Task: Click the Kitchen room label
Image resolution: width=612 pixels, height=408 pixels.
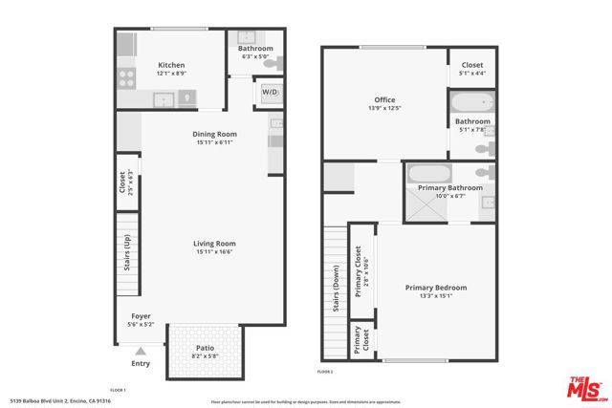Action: [171, 65]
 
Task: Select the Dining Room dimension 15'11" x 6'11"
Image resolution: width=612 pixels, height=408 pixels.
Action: [213, 144]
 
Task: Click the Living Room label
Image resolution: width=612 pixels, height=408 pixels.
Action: [213, 244]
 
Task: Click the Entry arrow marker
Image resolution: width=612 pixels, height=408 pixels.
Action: [141, 352]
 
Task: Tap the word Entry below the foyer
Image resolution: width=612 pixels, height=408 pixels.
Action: [141, 363]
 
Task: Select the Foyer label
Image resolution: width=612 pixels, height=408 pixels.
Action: [141, 316]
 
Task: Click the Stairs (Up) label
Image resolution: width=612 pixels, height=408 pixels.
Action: [126, 263]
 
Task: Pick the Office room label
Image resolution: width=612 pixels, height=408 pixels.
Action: [384, 99]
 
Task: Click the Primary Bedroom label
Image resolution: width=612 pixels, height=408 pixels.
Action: [435, 288]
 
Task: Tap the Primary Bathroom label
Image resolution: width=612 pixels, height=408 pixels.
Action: [447, 189]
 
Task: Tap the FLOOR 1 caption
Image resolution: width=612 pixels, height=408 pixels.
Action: [118, 390]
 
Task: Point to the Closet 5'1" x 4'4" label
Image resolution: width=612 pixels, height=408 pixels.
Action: [471, 65]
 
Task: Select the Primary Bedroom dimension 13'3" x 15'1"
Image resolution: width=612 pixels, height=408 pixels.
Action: [435, 296]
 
